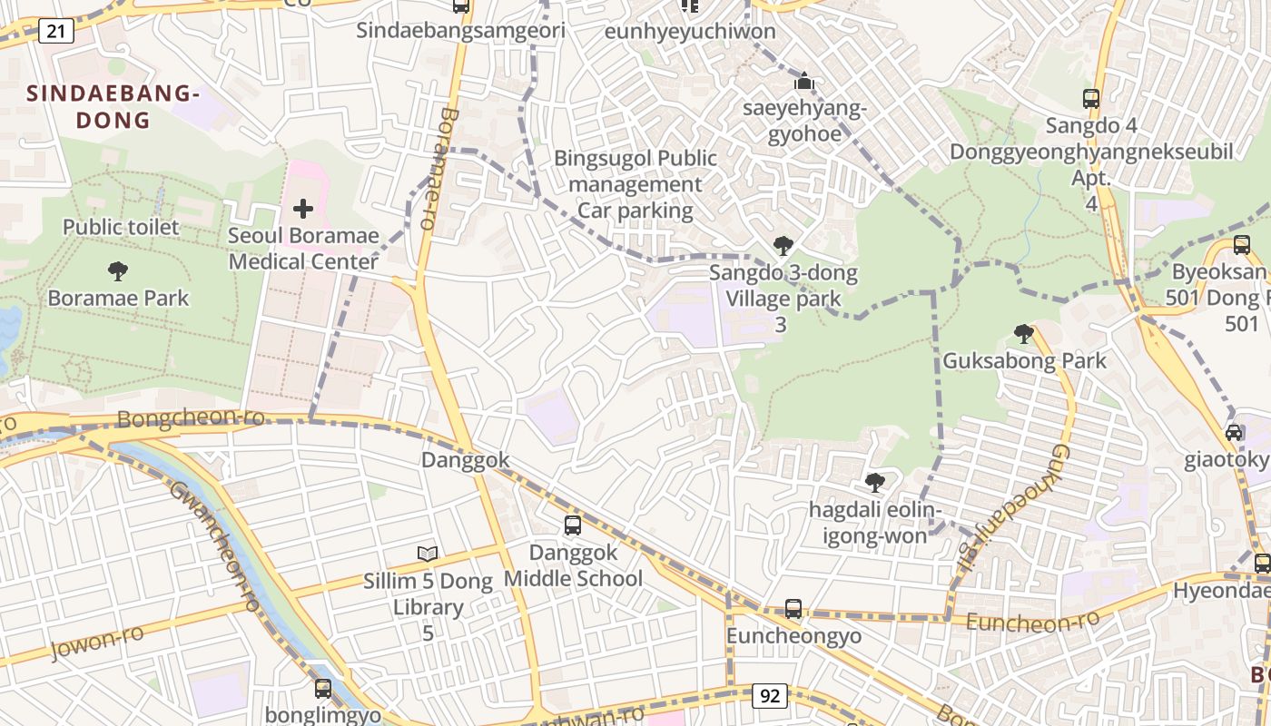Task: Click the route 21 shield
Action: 56,32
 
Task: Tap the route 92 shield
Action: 770,696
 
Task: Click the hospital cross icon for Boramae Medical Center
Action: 303,210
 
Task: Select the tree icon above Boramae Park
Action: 117,270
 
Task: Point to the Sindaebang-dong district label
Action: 113,106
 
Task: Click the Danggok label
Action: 466,460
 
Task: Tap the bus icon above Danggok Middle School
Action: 573,525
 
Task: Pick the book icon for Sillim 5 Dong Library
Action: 428,553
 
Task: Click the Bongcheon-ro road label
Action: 192,418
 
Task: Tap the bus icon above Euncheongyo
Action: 793,608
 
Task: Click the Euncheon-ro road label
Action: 1032,622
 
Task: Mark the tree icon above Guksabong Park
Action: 1024,333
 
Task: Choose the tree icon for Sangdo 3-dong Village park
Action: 783,245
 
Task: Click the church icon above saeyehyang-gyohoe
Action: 804,81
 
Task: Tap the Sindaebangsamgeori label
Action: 460,31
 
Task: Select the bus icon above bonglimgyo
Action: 323,688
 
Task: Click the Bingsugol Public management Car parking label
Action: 635,185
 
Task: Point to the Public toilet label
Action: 121,227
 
